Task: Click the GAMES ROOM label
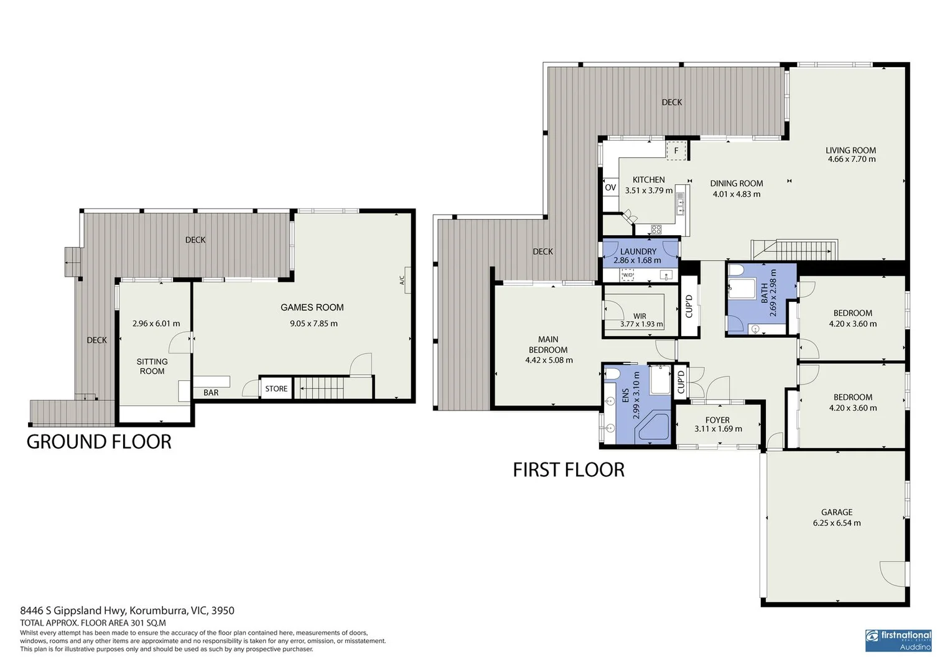(312, 307)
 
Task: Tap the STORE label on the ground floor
(276, 389)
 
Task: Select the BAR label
(211, 393)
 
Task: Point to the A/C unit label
(402, 281)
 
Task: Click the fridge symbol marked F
(676, 151)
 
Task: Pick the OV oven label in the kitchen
(610, 187)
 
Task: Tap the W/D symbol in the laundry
(627, 275)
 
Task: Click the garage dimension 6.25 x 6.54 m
(837, 523)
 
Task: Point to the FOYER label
(717, 420)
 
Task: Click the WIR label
(640, 316)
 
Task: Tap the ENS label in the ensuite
(625, 395)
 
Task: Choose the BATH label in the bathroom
(764, 294)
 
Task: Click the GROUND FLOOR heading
(99, 442)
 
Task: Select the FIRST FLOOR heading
(569, 470)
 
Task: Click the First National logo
(898, 640)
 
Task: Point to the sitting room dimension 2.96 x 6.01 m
(156, 324)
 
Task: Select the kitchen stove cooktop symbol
(656, 229)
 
